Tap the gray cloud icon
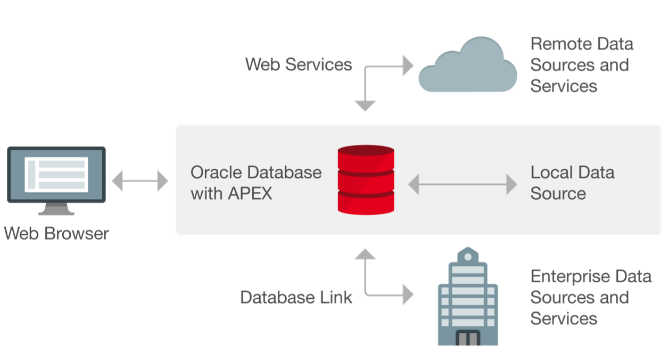(467, 67)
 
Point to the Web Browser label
(56, 233)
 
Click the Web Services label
(298, 64)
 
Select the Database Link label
(296, 297)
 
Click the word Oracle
(216, 173)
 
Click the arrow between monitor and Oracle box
(140, 182)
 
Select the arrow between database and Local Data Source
(462, 184)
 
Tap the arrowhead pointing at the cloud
(408, 66)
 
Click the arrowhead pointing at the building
(408, 294)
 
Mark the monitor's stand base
(56, 211)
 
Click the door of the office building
(467, 338)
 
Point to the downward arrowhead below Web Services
(365, 105)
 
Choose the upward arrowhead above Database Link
(365, 254)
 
